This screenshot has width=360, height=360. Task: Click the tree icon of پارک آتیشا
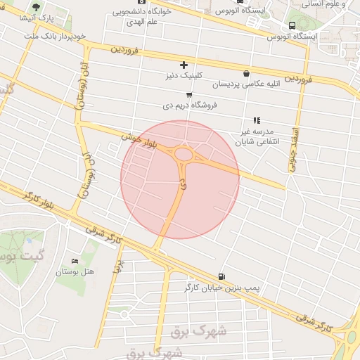click(37, 7)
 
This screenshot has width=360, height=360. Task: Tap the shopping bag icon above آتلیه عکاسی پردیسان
click(246, 73)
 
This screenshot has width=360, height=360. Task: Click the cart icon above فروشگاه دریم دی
click(189, 94)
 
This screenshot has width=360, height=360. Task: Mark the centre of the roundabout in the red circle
click(185, 154)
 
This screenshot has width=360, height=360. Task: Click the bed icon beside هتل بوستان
click(75, 261)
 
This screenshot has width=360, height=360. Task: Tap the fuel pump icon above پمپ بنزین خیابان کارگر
click(222, 277)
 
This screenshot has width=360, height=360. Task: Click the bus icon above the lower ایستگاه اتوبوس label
click(292, 25)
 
